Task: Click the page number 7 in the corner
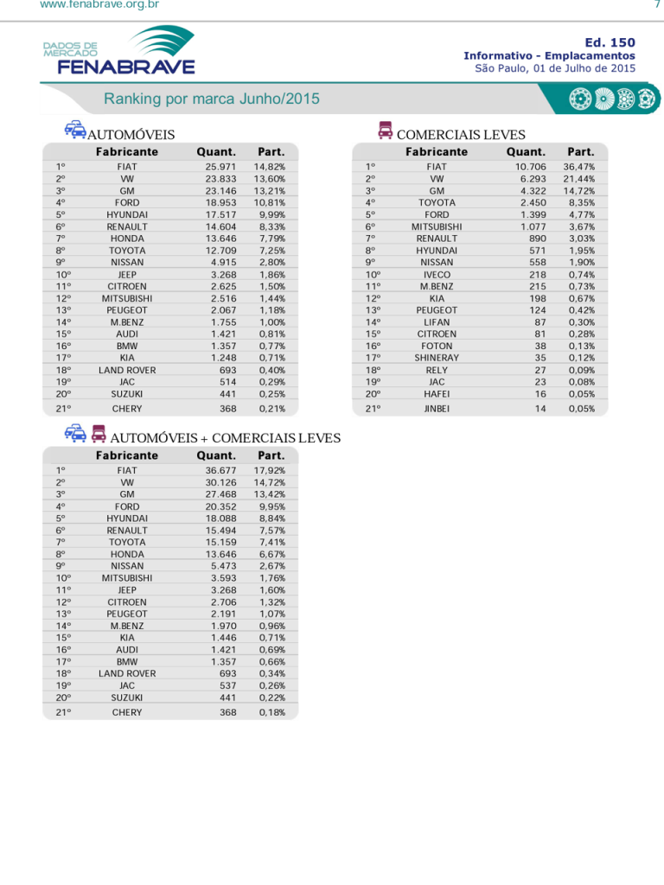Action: (656, 5)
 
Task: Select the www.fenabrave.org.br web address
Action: (99, 5)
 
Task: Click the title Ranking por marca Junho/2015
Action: (212, 99)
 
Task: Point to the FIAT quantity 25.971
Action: (220, 167)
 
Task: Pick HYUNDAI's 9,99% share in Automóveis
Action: (271, 214)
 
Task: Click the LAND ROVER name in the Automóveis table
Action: (127, 370)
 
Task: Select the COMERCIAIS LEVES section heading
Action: (461, 135)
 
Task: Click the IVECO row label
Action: (437, 275)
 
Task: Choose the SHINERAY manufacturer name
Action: (437, 358)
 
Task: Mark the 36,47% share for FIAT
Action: (578, 167)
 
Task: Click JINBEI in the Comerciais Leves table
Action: (437, 409)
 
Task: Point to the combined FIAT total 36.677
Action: (220, 471)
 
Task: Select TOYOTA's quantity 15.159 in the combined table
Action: (220, 543)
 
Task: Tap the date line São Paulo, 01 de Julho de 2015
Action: (555, 68)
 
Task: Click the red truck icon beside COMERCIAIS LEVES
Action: (386, 131)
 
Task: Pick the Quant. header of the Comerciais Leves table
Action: (526, 152)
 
